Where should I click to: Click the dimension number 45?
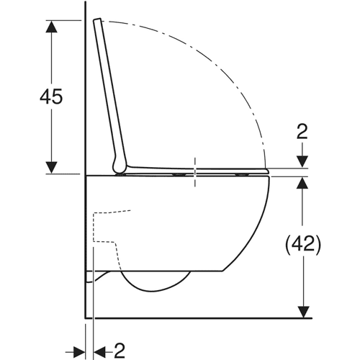click(51, 96)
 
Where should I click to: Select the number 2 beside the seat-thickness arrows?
click(302, 132)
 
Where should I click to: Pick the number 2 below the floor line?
click(119, 351)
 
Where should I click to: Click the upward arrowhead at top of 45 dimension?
click(51, 27)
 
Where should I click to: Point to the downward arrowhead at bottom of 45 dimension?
click(51, 168)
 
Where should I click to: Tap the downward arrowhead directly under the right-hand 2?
click(302, 161)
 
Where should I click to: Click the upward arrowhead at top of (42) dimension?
click(302, 183)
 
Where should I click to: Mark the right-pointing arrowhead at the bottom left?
click(79, 352)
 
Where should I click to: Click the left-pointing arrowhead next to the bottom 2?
click(99, 352)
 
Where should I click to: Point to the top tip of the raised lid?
click(97, 19)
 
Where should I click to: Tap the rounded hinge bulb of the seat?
click(119, 166)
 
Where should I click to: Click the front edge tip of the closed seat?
click(267, 171)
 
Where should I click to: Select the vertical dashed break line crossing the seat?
click(195, 172)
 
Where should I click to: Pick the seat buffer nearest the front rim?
click(243, 174)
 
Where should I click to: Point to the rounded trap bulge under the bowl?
click(156, 287)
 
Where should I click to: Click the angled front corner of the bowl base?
click(223, 271)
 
